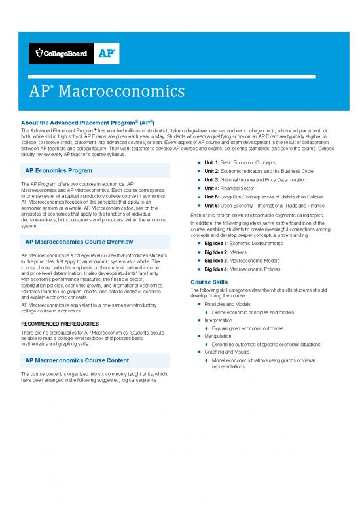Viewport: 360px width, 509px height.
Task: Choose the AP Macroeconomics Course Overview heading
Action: [x=79, y=242]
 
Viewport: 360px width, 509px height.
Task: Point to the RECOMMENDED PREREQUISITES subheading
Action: [x=60, y=323]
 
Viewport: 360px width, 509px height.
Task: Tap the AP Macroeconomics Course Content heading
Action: [x=77, y=360]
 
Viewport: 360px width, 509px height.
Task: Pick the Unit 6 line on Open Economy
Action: [x=264, y=206]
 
